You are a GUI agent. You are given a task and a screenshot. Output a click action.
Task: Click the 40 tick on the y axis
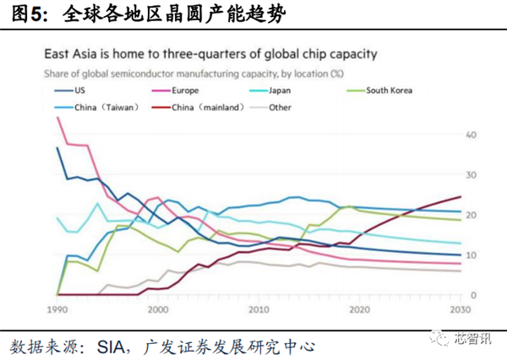pyautogui.click(x=472, y=135)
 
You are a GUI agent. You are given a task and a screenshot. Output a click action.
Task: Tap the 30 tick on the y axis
pyautogui.click(x=472, y=175)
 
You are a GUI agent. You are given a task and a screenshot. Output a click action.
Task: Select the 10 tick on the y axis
pyautogui.click(x=472, y=255)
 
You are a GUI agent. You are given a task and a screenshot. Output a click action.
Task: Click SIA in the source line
pyautogui.click(x=117, y=346)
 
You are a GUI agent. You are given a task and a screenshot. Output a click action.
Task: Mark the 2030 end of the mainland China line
pyautogui.click(x=460, y=197)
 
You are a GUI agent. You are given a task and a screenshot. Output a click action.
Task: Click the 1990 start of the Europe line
pyautogui.click(x=57, y=117)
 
